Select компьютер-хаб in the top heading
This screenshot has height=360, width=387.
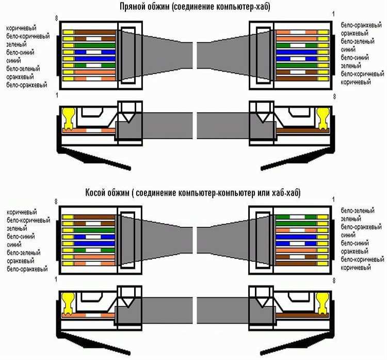(233, 7)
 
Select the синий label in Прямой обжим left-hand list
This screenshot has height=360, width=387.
(14, 60)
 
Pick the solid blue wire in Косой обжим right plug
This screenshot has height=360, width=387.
(296, 239)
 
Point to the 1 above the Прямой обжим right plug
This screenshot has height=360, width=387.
(334, 12)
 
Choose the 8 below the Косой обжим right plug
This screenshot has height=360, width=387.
(334, 280)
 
